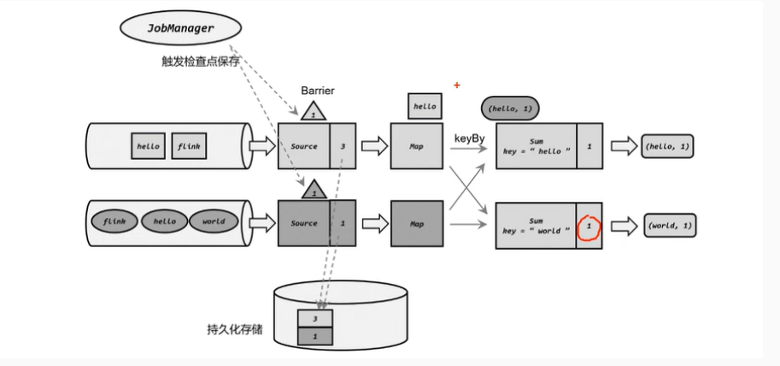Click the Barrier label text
point(316,90)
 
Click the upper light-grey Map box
point(417,146)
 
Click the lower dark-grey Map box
point(417,224)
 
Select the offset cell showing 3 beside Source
point(342,146)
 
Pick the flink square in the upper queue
point(189,146)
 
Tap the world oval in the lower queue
point(214,221)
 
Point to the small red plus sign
point(457,86)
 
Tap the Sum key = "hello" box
point(536,146)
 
